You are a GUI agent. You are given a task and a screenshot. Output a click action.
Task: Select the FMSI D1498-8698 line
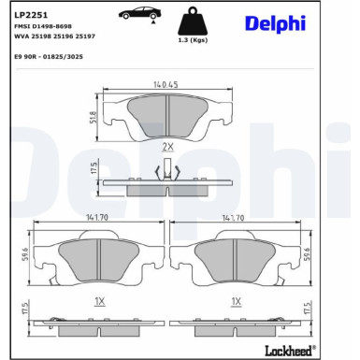pyautogui.click(x=42, y=28)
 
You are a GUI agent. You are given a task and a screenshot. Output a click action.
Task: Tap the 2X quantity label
pyautogui.click(x=167, y=148)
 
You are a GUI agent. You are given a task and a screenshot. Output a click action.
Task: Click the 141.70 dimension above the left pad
pyautogui.click(x=95, y=217)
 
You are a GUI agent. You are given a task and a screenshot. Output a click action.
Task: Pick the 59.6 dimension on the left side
pyautogui.click(x=24, y=252)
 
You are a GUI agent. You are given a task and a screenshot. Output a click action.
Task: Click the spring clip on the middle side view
pyautogui.click(x=167, y=169)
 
